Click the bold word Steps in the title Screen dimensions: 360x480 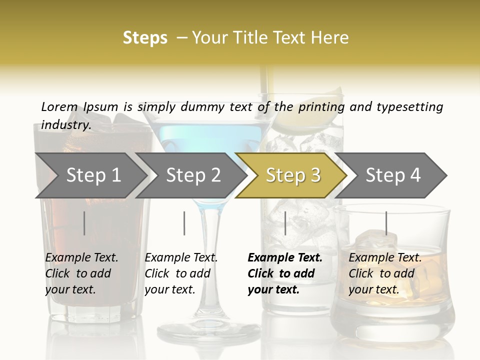[x=145, y=37]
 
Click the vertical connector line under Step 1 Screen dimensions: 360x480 [x=84, y=223]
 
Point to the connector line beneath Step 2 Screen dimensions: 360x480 [x=184, y=223]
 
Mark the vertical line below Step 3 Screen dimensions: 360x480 [x=285, y=223]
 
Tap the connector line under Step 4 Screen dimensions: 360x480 [x=386, y=223]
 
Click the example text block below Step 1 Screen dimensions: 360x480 [x=81, y=273]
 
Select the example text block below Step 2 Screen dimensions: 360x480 [x=181, y=273]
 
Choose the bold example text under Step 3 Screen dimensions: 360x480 [x=284, y=273]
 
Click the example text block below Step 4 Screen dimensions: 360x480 [x=385, y=273]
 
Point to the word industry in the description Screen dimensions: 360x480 [x=66, y=124]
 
